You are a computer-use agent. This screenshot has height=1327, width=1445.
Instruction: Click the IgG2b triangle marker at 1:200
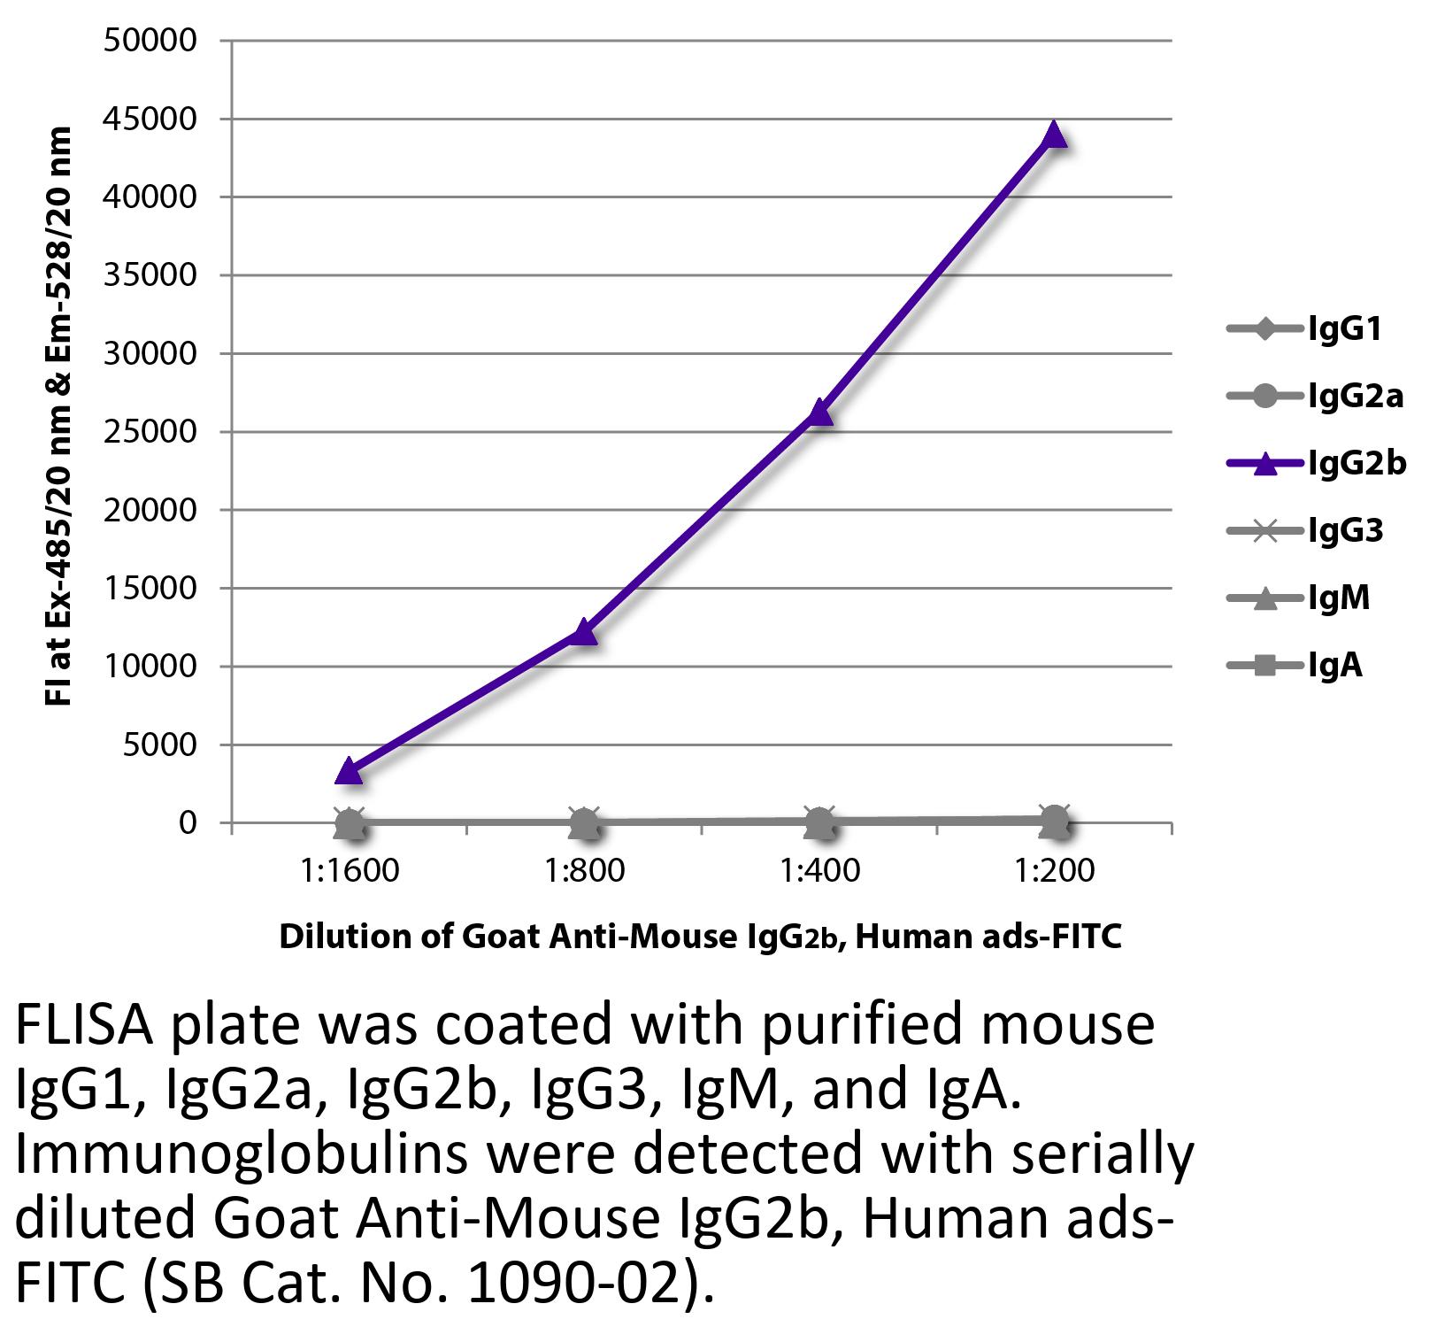tap(1054, 135)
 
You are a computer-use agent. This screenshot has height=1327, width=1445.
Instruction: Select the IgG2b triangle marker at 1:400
tap(819, 412)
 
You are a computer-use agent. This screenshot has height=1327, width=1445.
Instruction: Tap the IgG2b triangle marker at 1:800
tap(584, 631)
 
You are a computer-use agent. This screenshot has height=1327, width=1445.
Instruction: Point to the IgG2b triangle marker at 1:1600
tap(350, 771)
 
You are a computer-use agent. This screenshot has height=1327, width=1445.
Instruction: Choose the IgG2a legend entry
tap(1315, 397)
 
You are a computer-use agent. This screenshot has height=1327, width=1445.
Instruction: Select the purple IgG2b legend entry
tap(1316, 463)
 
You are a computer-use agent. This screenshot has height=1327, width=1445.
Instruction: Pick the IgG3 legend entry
tap(1305, 531)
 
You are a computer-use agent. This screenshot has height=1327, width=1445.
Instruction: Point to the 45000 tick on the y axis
tap(150, 119)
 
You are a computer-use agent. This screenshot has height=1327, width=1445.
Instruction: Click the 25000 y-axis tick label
tap(150, 432)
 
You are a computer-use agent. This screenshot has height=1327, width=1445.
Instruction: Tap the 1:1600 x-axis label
tap(350, 870)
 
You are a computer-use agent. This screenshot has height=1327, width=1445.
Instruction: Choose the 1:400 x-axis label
tap(819, 870)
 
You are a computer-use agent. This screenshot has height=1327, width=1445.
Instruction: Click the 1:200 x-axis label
tap(1054, 870)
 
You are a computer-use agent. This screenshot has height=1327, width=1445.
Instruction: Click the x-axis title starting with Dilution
tap(700, 937)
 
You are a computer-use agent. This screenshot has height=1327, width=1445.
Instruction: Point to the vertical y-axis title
tap(58, 416)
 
